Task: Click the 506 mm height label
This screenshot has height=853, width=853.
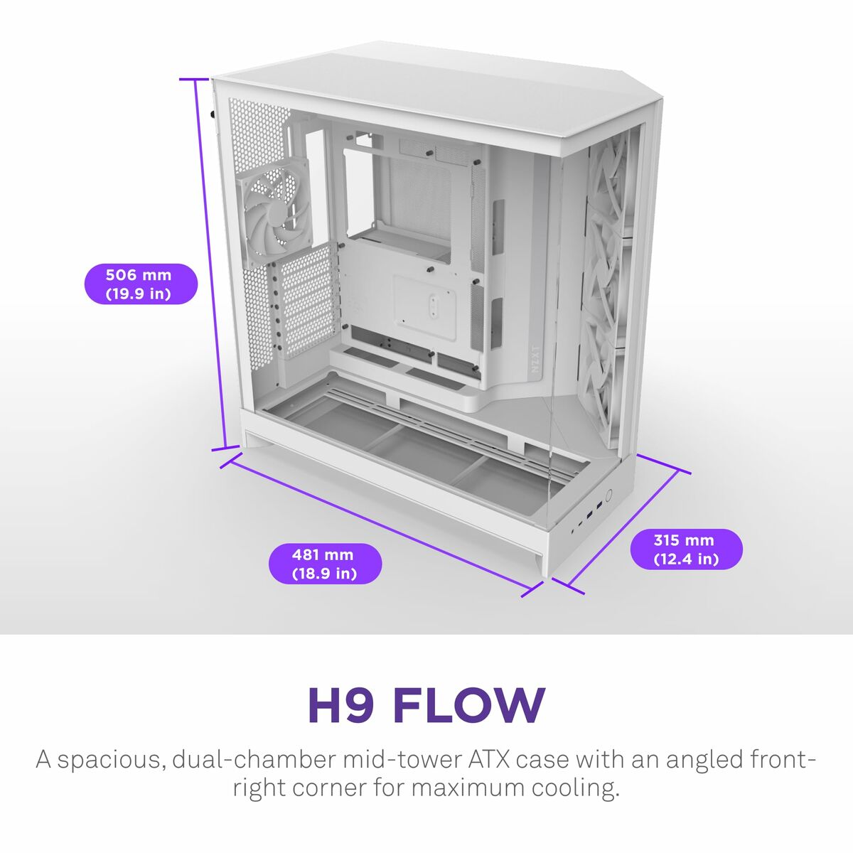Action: pyautogui.click(x=139, y=284)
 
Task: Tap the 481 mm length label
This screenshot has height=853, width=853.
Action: pyautogui.click(x=325, y=564)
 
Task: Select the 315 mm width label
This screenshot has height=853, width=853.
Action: pyautogui.click(x=686, y=549)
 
